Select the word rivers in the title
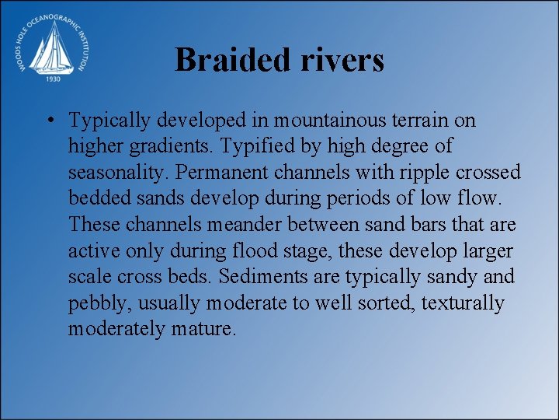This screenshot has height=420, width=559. point(340,60)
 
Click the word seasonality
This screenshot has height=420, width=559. point(115,173)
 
